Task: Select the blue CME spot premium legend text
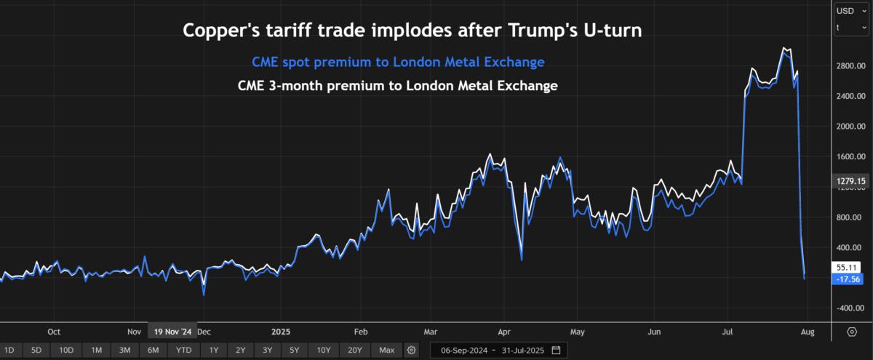tap(397, 62)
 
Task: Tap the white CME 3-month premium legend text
tap(397, 86)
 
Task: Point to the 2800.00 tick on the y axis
tap(850, 66)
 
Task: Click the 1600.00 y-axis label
tap(850, 156)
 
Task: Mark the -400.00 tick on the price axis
tap(850, 308)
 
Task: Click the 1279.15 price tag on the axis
tap(850, 180)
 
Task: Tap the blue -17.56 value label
tap(849, 279)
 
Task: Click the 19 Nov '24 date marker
tap(172, 331)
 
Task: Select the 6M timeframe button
tap(153, 351)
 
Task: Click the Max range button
tap(386, 351)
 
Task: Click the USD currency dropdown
tap(849, 10)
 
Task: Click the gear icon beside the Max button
tap(412, 351)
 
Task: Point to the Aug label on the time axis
tap(807, 331)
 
